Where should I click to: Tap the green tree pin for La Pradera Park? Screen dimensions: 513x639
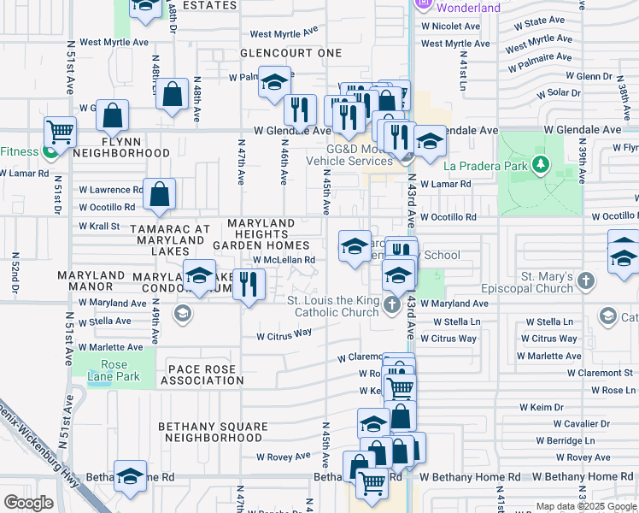click(539, 162)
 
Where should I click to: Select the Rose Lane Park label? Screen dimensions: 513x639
click(108, 371)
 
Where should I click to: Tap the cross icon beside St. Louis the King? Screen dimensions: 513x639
click(392, 304)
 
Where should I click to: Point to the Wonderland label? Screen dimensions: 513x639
click(468, 8)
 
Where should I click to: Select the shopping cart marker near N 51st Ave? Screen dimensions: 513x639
click(61, 133)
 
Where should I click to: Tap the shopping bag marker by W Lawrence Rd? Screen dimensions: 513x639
click(160, 196)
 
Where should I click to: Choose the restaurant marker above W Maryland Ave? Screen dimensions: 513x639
click(249, 285)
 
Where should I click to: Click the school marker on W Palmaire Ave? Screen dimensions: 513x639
click(273, 83)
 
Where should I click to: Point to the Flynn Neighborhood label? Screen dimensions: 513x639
click(121, 146)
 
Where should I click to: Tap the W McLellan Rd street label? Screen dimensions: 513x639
click(284, 260)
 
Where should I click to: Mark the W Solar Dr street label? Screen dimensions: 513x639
click(557, 92)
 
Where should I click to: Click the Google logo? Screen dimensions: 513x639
click(28, 503)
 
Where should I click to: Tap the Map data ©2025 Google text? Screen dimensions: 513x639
click(585, 506)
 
